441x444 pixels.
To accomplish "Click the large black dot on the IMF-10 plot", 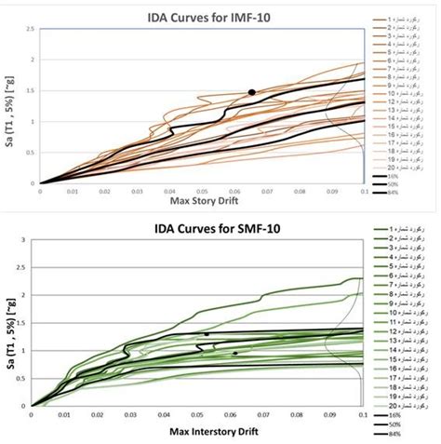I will point(251,92).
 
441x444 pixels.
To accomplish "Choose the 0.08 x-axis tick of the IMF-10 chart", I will point(299,191).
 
